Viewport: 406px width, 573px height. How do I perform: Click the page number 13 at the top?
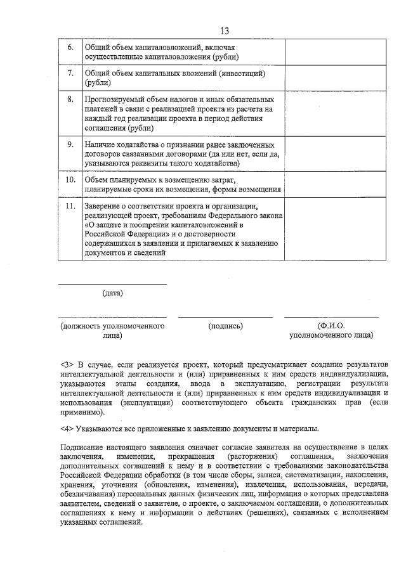pos(224,31)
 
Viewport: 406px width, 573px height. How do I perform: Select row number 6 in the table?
pos(71,48)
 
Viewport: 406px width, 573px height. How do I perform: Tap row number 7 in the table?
pos(71,74)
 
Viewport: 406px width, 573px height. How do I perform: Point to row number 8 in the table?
pos(71,100)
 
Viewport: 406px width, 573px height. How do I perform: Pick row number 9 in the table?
pos(71,145)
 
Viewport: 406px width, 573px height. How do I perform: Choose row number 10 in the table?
pos(71,180)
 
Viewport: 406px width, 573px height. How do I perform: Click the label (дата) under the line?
pos(113,293)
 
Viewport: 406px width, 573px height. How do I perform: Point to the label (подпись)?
pos(225,326)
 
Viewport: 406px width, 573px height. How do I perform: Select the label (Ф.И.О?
pos(331,326)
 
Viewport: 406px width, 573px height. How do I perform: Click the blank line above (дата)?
pos(112,284)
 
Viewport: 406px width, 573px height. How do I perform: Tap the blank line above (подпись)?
pos(225,316)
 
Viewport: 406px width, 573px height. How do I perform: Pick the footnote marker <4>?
pos(67,429)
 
